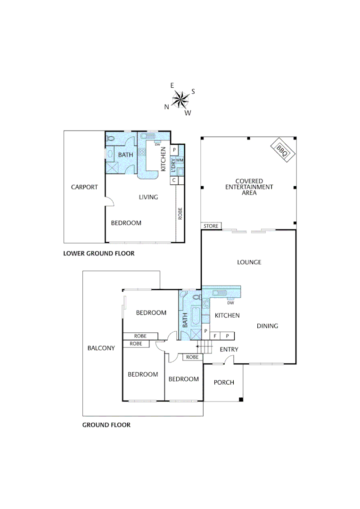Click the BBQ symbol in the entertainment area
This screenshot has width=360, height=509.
pos(282,150)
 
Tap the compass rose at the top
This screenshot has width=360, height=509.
pos(180,99)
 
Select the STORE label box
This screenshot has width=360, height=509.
pos(211,227)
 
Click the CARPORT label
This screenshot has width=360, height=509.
pos(84,187)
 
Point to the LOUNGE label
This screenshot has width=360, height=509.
pos(249,262)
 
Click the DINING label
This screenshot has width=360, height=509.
pos(267,326)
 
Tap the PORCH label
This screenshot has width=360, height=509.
pos(224,382)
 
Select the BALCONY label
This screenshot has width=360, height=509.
pos(101,348)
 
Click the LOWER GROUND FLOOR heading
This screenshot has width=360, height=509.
pos(99,254)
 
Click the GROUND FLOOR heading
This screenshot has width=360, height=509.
pos(106,425)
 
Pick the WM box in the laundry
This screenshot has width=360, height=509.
pos(180,160)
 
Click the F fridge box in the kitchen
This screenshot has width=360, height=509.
pos(215,336)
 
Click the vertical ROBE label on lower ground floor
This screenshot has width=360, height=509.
pos(180,214)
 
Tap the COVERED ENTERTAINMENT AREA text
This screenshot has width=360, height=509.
pos(248,187)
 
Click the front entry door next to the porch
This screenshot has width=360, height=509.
pos(229,360)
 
